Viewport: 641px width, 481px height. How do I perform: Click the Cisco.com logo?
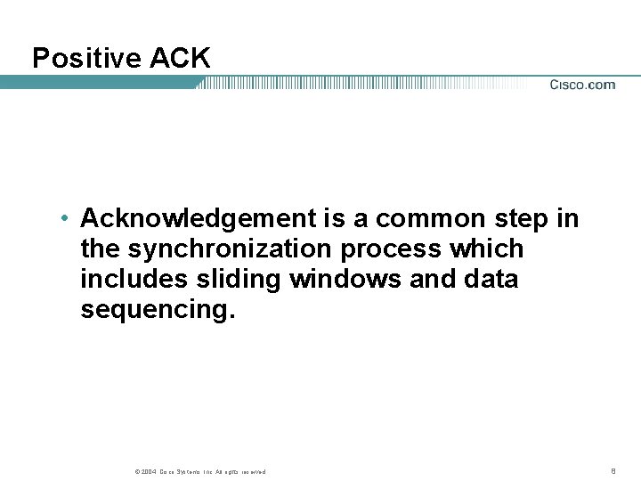582,85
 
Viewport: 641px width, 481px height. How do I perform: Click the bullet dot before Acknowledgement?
66,218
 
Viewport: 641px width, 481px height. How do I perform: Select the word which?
491,249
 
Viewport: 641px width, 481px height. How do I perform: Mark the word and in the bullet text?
433,279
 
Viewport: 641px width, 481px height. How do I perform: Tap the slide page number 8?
613,470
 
